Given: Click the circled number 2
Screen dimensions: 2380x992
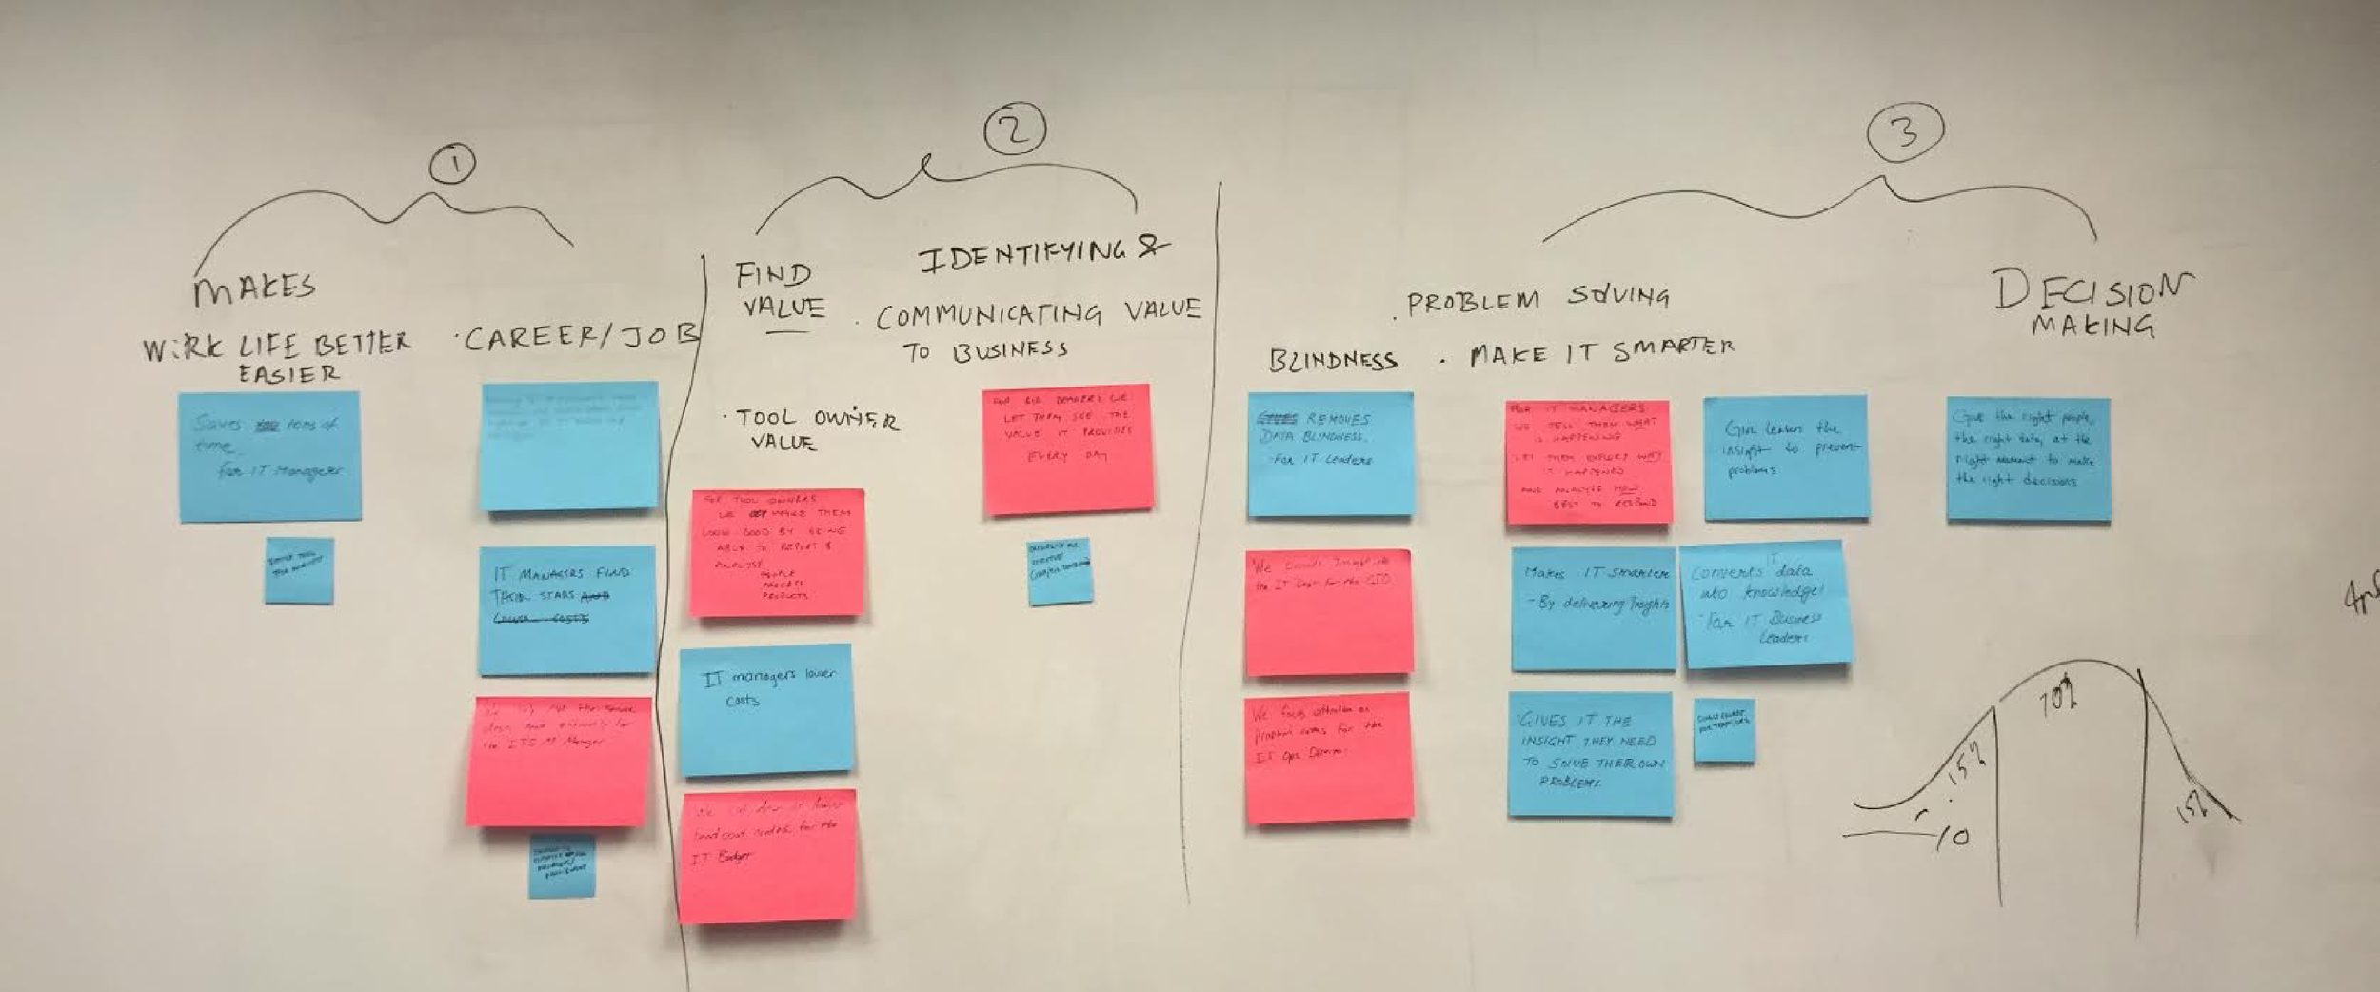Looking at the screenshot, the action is [x=1015, y=130].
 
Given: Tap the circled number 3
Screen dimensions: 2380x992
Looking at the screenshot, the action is [x=1905, y=131].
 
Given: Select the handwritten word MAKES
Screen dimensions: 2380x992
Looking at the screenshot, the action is [x=254, y=288].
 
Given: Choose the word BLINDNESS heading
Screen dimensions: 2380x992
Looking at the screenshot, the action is [x=1333, y=360].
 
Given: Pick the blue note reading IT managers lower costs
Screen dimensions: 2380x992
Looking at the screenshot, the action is [x=765, y=709].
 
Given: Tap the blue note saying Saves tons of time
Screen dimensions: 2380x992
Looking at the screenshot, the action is [x=270, y=456].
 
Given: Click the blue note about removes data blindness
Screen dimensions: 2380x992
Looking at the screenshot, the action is [x=1330, y=454].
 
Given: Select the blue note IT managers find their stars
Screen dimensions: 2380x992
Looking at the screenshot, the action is [x=566, y=609].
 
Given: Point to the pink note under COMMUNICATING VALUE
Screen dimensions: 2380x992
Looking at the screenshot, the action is [x=1067, y=448].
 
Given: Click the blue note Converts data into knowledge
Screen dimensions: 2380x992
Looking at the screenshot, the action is [x=1767, y=605].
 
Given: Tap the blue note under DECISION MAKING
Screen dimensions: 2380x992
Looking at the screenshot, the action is [x=2028, y=459].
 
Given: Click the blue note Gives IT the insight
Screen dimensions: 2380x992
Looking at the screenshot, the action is [x=1590, y=753].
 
